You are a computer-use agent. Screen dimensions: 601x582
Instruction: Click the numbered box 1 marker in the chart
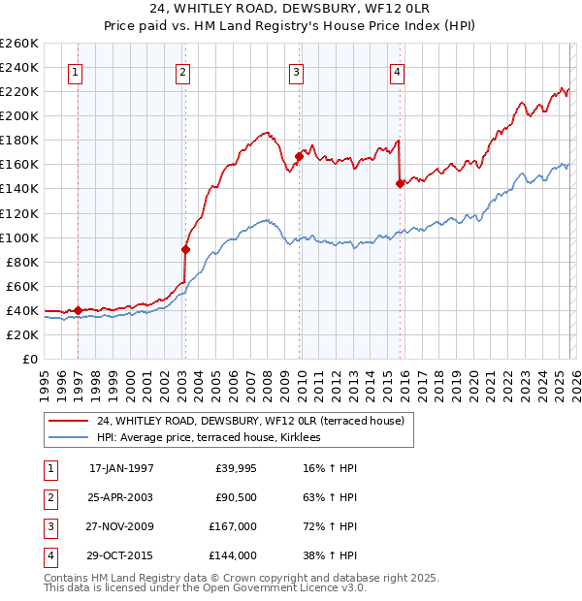(x=76, y=70)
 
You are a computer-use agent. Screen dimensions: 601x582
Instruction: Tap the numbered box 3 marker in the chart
(x=296, y=70)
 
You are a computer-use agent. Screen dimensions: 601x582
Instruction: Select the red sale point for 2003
(x=185, y=249)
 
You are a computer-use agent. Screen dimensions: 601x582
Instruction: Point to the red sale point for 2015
(x=400, y=183)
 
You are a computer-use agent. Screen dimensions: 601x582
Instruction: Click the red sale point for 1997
(x=79, y=310)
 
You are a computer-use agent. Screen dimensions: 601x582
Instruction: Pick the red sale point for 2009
(x=299, y=156)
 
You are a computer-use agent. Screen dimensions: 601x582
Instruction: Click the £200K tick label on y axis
(x=19, y=115)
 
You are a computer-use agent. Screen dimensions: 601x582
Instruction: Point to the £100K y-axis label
(x=19, y=237)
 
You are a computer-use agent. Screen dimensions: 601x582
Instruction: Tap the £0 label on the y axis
(x=29, y=359)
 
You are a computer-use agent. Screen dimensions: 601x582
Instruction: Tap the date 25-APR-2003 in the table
(x=121, y=497)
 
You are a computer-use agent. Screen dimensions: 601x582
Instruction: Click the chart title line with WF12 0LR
(x=291, y=10)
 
